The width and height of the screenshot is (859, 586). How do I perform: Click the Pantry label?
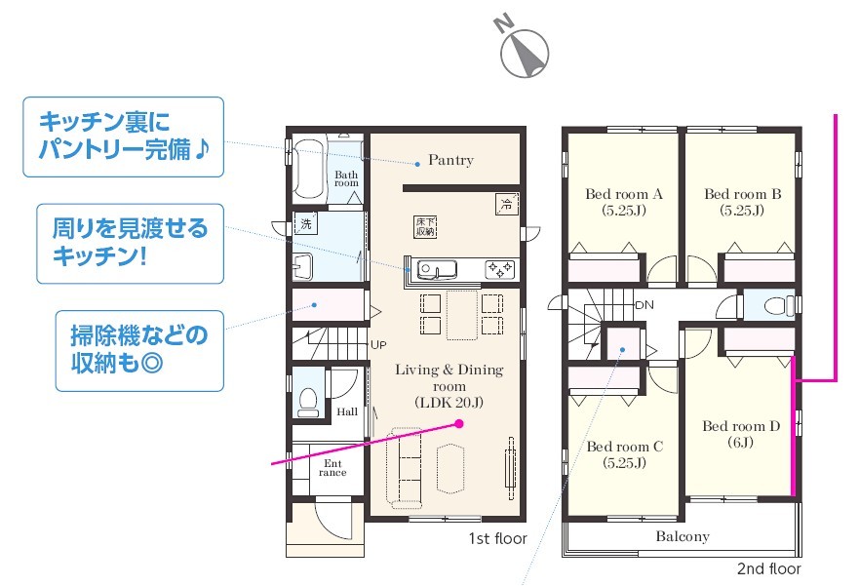[450, 160]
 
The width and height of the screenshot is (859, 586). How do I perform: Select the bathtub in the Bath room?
[308, 168]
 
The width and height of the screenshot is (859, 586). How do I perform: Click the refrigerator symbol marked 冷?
[506, 205]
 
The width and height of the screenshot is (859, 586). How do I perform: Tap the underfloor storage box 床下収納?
[425, 227]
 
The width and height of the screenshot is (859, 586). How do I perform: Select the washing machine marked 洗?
[305, 223]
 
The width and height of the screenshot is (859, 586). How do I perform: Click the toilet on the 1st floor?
[308, 402]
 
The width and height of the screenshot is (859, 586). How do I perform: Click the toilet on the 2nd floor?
[779, 305]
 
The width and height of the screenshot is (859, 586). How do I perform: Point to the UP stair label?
[378, 345]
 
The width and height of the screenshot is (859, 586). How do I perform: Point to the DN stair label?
[644, 305]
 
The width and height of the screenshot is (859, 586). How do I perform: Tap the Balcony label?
[683, 536]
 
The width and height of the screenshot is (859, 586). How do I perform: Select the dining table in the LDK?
[462, 315]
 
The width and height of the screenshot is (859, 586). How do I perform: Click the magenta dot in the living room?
[459, 423]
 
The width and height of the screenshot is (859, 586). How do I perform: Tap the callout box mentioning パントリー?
[123, 137]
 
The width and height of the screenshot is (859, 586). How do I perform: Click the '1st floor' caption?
[497, 538]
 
